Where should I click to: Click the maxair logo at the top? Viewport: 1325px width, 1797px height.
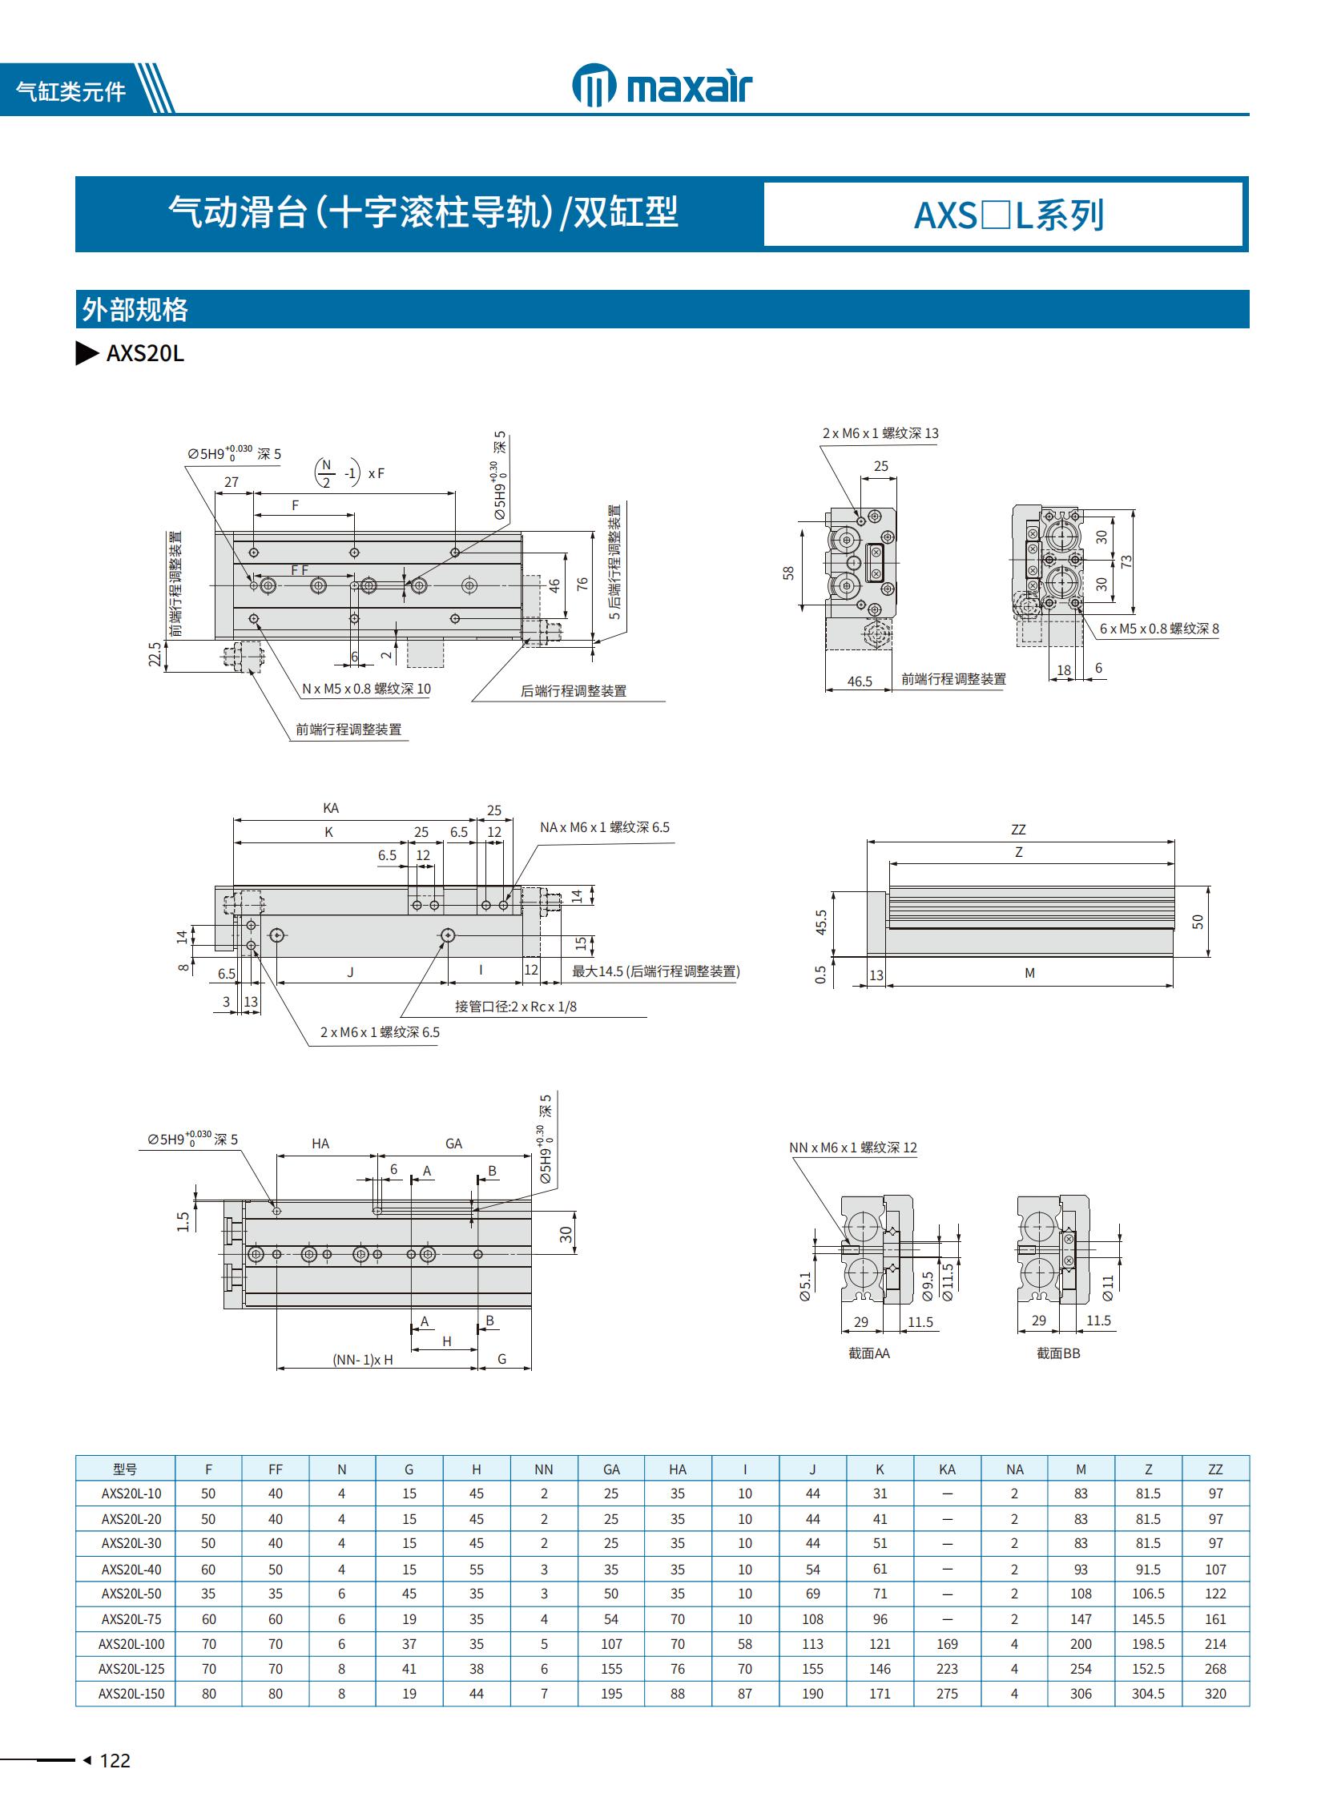[662, 85]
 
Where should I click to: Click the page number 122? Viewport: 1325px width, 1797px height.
[115, 1759]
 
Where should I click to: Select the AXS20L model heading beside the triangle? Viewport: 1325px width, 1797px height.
[145, 354]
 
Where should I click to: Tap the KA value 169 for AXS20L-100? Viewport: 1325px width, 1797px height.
[946, 1643]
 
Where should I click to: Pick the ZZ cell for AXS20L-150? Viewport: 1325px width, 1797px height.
[1214, 1693]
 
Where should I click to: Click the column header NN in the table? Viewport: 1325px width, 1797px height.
[543, 1469]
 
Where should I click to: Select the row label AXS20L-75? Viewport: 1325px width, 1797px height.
[131, 1619]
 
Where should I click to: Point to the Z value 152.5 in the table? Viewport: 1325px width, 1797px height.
[1147, 1668]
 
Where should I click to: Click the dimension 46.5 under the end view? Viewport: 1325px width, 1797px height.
[859, 681]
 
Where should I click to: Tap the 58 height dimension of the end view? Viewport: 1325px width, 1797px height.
[788, 573]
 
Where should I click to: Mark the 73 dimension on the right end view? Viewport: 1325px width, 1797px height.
[1127, 561]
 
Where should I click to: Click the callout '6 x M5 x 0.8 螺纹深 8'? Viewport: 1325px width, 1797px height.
[1158, 629]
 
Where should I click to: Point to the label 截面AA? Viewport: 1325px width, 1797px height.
[868, 1353]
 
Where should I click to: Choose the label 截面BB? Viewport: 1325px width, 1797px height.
[1058, 1353]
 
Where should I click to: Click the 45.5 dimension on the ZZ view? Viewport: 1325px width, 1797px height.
[820, 923]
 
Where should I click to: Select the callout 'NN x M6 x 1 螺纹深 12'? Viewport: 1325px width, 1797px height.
[852, 1148]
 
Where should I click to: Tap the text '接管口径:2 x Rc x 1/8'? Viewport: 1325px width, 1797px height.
[515, 1007]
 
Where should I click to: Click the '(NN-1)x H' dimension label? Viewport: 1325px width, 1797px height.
[363, 1359]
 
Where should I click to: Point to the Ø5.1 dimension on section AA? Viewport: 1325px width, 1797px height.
[804, 1285]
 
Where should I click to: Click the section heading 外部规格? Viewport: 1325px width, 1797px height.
[135, 310]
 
